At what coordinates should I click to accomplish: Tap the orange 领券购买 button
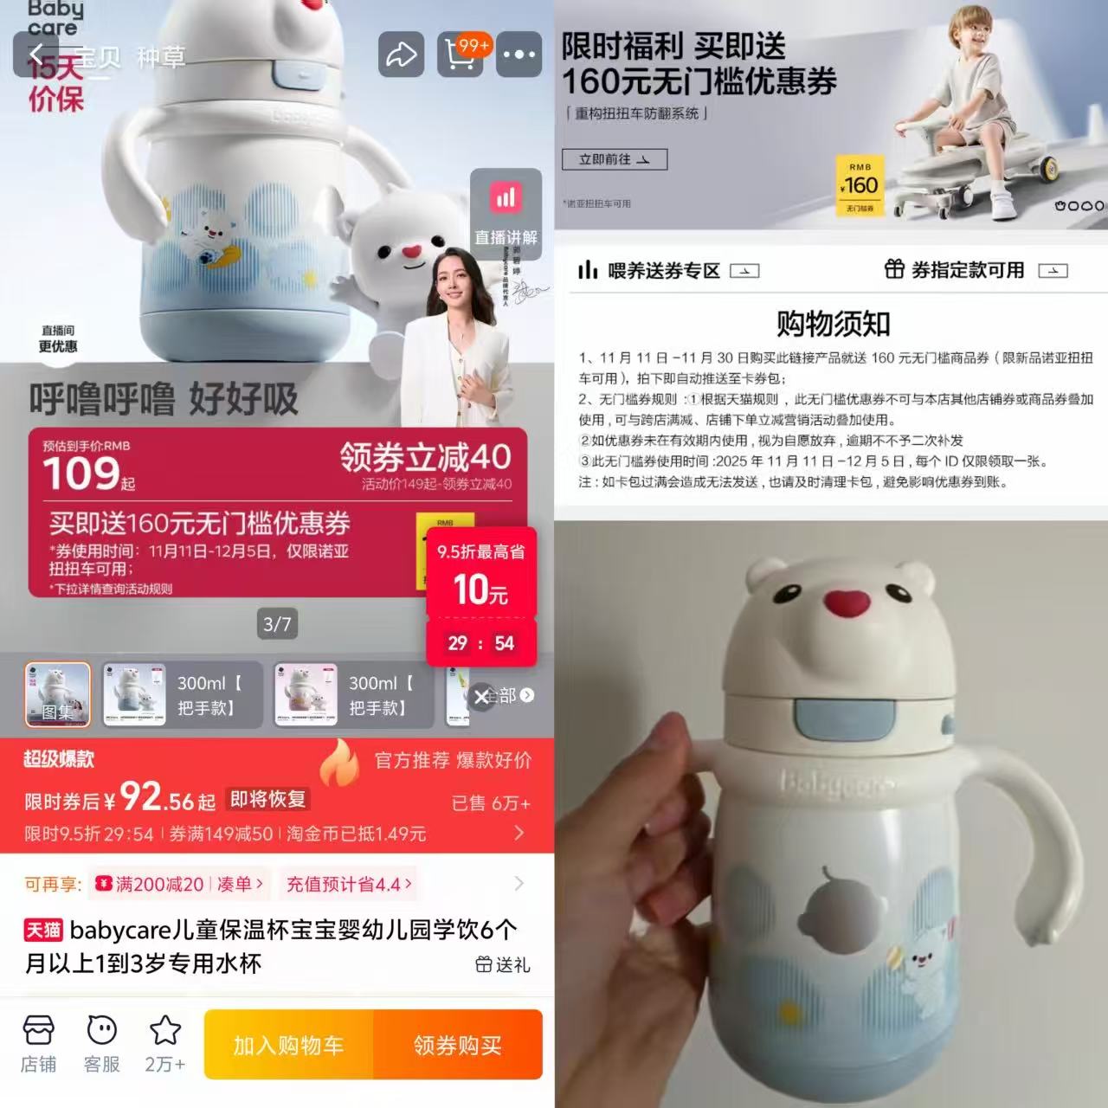[457, 1045]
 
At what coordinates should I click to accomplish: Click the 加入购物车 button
[288, 1045]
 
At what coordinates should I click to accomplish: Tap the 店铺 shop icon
[38, 1043]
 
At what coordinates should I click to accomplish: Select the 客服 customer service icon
[102, 1043]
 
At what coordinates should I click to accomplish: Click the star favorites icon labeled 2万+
[164, 1043]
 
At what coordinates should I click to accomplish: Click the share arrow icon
[401, 55]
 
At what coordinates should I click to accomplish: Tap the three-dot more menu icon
[519, 55]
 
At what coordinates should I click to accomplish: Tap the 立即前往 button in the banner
[614, 159]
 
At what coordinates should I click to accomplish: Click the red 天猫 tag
[43, 931]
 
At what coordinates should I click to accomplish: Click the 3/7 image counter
[277, 624]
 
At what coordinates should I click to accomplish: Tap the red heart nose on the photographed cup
[845, 602]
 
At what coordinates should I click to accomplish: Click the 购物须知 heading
[833, 324]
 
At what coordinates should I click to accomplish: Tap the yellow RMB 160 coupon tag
[860, 185]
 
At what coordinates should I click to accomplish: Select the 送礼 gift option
[503, 964]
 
